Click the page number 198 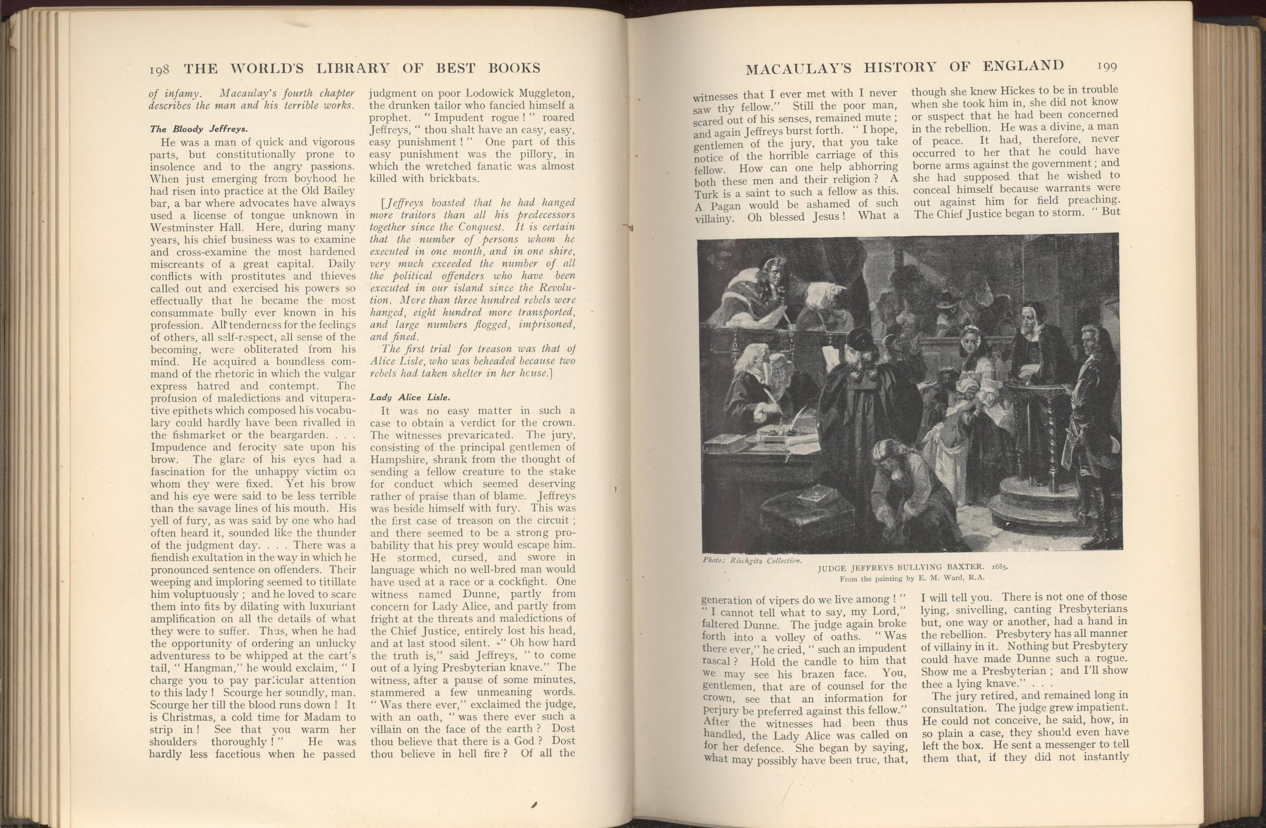[159, 69]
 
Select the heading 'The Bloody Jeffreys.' [198, 129]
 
